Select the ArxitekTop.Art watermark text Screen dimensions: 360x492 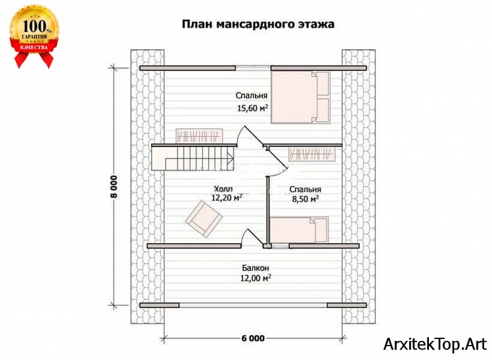pyautogui.click(x=435, y=344)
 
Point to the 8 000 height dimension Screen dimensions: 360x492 pyautogui.click(x=114, y=187)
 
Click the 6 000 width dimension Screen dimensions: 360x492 pyautogui.click(x=253, y=338)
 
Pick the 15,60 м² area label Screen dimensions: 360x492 pyautogui.click(x=253, y=109)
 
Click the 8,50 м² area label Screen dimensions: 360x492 pyautogui.click(x=305, y=198)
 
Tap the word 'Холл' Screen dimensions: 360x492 pyautogui.click(x=222, y=187)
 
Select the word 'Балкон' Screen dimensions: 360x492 pyautogui.click(x=254, y=267)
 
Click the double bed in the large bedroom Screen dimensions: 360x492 pyautogui.click(x=300, y=97)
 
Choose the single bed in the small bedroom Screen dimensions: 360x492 pyautogui.click(x=300, y=231)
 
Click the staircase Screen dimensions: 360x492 pyautogui.click(x=194, y=158)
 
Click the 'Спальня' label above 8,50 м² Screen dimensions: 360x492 pyautogui.click(x=305, y=187)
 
